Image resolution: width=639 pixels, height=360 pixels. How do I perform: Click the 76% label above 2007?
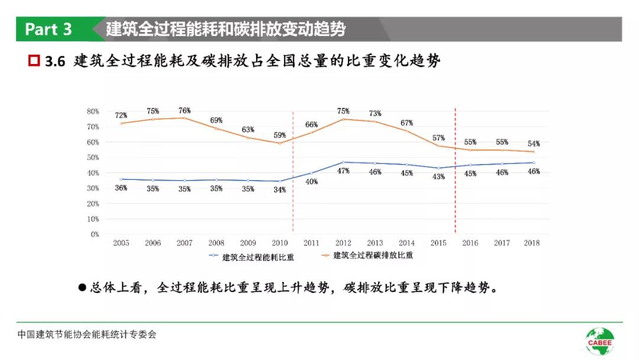click(x=185, y=111)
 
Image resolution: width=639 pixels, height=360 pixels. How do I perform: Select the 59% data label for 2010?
click(x=280, y=135)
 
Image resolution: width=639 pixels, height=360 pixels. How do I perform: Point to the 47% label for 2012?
click(x=343, y=171)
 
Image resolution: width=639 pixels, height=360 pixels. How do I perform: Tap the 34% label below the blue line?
click(x=280, y=190)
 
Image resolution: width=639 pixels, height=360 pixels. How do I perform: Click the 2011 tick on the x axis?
click(x=311, y=243)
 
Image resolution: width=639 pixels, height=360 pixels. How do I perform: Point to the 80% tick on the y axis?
click(x=93, y=111)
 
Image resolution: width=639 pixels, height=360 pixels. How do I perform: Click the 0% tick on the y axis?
click(x=95, y=234)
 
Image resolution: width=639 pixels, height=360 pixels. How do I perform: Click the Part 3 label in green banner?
click(x=49, y=29)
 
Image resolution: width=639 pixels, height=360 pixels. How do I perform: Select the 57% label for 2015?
click(x=438, y=138)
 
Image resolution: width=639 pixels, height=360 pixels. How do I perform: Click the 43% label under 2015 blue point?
click(x=438, y=176)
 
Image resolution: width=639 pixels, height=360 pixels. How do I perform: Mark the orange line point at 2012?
click(x=343, y=119)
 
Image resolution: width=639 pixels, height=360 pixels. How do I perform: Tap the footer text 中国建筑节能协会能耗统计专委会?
click(x=86, y=335)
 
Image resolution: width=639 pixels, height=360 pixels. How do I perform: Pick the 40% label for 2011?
click(x=311, y=182)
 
